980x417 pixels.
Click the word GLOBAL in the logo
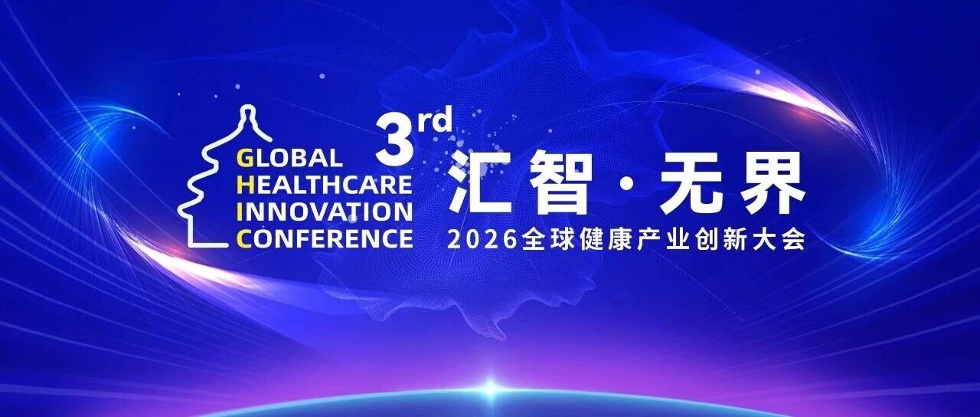289,158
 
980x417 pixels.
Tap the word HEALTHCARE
324,185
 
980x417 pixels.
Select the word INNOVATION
324,212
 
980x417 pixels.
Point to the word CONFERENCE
324,239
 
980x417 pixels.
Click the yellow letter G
244,158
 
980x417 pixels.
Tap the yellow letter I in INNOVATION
239,212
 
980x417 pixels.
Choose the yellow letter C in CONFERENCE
244,239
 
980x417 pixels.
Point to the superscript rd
434,120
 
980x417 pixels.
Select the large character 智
561,182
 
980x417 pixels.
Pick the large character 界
773,182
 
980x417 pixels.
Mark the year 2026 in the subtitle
482,240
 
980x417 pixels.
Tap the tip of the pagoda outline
248,107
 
